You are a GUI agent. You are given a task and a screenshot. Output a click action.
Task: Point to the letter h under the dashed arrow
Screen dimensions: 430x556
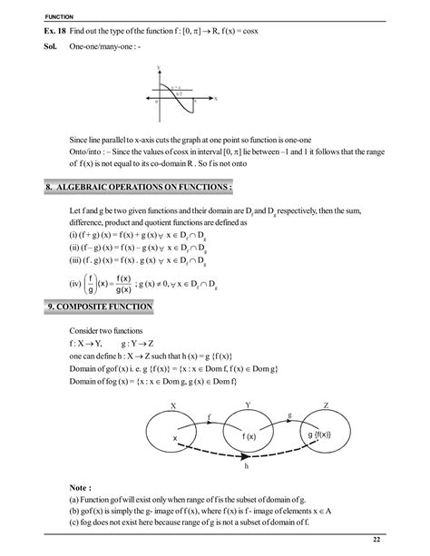click(248, 470)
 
